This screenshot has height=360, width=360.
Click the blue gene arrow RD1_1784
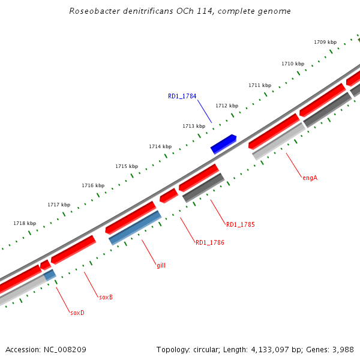(x=223, y=144)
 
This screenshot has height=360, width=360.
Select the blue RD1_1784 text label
(x=182, y=96)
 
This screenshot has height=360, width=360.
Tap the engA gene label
(x=310, y=178)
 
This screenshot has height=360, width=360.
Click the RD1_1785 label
(x=240, y=225)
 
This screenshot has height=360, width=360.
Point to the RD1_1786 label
(x=210, y=243)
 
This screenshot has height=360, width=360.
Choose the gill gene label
(x=161, y=265)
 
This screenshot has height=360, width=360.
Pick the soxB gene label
(x=106, y=297)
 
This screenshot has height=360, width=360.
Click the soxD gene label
(x=77, y=313)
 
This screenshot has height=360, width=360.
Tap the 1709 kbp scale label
(x=325, y=42)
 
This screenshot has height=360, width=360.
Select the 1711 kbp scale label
(x=260, y=85)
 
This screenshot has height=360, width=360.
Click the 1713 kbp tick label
(x=194, y=126)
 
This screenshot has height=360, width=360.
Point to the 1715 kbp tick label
(x=127, y=166)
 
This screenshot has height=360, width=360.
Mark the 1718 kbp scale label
(x=25, y=223)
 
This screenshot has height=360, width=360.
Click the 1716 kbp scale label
(x=93, y=185)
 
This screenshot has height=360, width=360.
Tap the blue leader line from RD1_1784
(x=205, y=112)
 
